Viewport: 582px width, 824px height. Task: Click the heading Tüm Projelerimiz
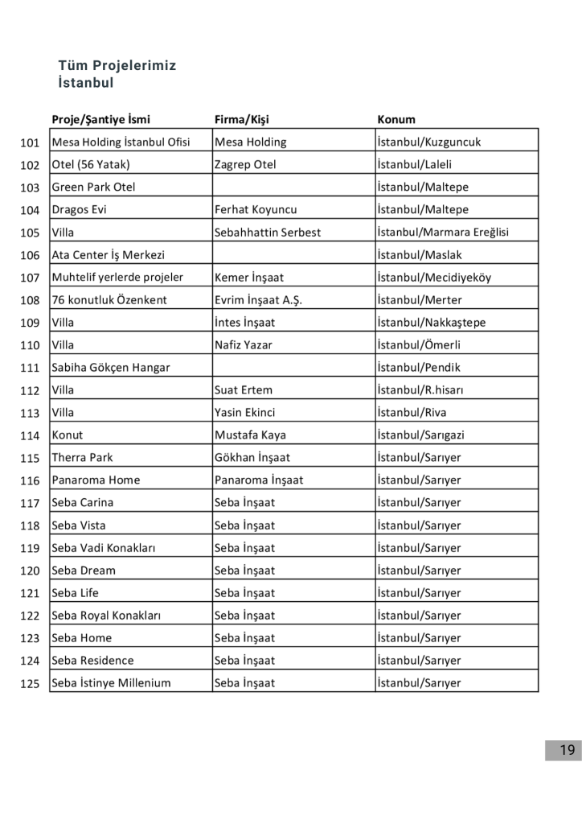117,66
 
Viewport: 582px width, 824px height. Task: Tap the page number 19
568,750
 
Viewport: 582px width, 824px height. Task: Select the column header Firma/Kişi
241,120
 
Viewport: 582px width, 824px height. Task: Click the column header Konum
396,120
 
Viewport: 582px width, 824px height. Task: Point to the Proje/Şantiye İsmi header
100,120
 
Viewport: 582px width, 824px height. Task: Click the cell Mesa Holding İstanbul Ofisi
121,142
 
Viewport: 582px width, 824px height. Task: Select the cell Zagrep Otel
245,165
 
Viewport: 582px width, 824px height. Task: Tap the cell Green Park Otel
93,187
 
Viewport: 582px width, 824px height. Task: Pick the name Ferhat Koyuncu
256,210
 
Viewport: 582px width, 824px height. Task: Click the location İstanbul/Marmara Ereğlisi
443,233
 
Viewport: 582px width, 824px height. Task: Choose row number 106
30,255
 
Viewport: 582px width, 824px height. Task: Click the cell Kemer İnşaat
248,278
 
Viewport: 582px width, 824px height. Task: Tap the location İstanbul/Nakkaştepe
431,323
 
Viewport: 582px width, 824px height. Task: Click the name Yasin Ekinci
244,413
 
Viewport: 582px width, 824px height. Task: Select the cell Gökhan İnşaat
252,458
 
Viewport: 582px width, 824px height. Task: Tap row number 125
30,684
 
